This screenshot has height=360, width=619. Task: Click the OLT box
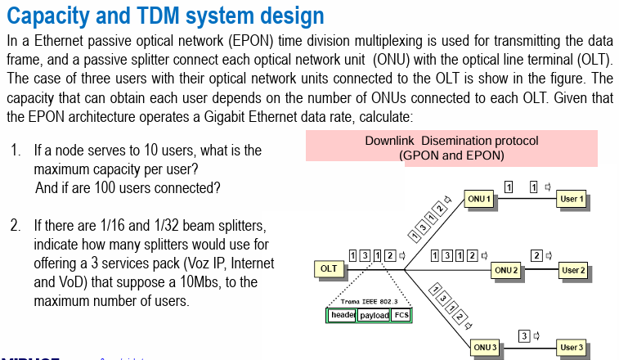[329, 268]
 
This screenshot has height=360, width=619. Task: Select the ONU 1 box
[478, 199]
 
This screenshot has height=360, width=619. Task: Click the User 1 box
[572, 199]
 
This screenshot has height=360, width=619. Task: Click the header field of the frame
[341, 315]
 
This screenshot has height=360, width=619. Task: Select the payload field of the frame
[374, 315]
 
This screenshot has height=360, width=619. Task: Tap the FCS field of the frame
[401, 315]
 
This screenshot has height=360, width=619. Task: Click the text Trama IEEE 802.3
[366, 302]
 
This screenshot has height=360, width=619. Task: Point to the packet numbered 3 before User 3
[525, 334]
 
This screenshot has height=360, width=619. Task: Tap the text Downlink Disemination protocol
[451, 141]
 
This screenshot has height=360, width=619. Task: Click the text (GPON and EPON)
[451, 155]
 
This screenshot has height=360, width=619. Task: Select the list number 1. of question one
[16, 151]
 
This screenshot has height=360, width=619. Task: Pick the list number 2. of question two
[16, 225]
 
